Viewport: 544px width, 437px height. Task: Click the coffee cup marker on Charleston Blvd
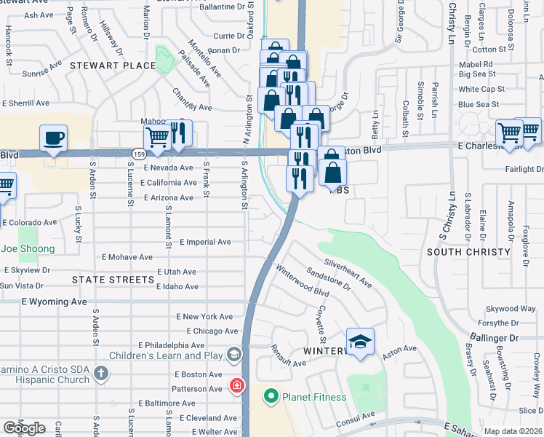coord(54,138)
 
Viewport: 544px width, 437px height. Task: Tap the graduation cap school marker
coord(360,342)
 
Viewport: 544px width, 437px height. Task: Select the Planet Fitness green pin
coord(271,396)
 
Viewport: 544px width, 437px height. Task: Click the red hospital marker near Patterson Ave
coord(236,385)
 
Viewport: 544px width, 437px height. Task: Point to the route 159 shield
coord(139,153)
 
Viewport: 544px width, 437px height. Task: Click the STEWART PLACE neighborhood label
coord(113,66)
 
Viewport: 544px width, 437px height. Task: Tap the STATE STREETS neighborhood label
coord(104,279)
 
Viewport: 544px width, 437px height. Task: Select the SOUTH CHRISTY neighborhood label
coord(468,252)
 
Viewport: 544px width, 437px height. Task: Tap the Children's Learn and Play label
coord(167,355)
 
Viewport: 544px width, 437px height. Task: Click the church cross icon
coord(101,374)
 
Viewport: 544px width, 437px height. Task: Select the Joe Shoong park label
coord(28,249)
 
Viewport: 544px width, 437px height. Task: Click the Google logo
coord(24,428)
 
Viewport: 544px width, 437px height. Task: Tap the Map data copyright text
coord(513,431)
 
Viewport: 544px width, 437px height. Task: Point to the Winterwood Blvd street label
coord(303,281)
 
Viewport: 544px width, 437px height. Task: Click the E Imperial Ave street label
coord(205,242)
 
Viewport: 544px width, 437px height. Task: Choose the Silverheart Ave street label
coord(348,273)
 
